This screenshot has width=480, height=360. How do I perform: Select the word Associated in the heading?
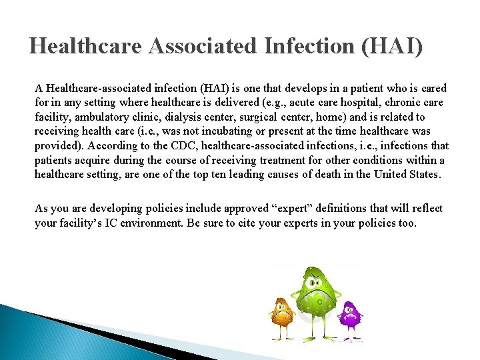click(203, 46)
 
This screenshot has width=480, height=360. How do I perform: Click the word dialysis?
click(196, 117)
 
